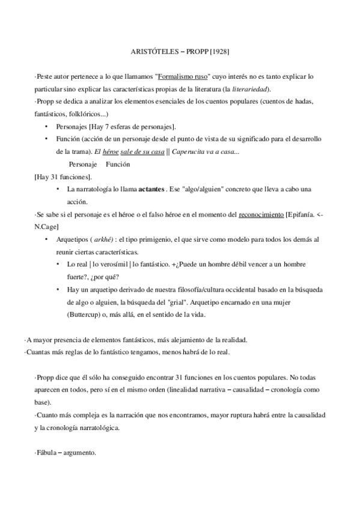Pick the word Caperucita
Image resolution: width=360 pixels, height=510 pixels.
click(x=191, y=151)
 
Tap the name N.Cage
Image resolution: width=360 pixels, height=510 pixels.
click(x=48, y=227)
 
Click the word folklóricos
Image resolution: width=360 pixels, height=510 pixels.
click(x=78, y=113)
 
